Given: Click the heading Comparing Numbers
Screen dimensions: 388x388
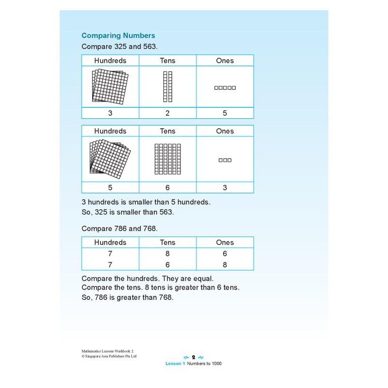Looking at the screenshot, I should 118,35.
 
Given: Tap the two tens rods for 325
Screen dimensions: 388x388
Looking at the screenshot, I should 167,87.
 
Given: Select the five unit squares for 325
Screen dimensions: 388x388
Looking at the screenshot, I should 225,88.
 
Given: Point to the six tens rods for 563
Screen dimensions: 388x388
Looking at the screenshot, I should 167,159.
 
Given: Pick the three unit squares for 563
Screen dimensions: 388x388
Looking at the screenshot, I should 225,160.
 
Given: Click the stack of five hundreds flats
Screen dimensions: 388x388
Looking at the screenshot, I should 110,158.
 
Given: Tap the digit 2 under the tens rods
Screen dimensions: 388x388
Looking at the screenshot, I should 167,113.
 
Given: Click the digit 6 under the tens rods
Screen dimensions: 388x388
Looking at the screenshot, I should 167,188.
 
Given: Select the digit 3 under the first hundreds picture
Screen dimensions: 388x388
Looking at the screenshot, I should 110,113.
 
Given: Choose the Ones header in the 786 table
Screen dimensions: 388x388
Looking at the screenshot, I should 225,242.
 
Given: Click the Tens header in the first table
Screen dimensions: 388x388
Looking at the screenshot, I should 167,61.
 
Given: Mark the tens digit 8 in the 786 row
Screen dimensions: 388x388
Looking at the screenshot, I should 167,254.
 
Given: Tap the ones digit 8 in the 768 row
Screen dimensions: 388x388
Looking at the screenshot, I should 225,265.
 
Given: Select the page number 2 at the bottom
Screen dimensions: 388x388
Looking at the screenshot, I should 194,357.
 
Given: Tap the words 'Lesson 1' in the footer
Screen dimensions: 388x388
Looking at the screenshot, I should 176,364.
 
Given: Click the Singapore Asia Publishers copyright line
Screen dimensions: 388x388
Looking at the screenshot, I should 109,356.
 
